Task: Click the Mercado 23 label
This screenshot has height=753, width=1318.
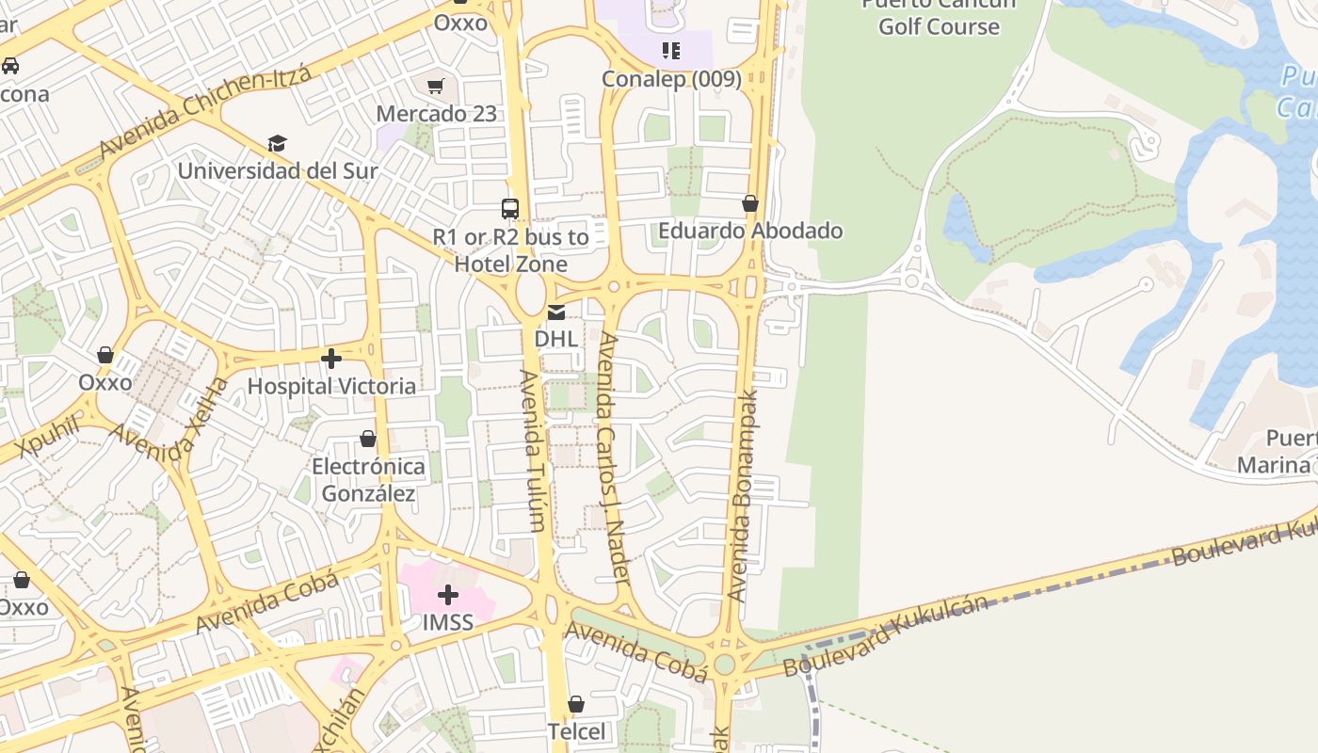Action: [436, 114]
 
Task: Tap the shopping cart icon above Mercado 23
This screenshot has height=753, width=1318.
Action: [435, 87]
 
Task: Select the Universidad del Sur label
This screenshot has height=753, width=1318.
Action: [278, 171]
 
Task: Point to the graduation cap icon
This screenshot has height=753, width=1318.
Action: [277, 143]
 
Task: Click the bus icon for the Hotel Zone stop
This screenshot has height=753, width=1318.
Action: [509, 208]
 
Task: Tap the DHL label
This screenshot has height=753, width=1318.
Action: [555, 338]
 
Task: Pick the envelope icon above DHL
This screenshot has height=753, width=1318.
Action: [556, 312]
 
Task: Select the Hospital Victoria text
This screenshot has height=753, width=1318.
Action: [331, 386]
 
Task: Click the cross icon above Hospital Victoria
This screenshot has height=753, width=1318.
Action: [330, 359]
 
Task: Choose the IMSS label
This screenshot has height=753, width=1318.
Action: [447, 622]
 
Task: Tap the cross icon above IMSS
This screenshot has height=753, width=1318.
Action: [448, 595]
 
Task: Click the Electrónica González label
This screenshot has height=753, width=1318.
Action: [368, 480]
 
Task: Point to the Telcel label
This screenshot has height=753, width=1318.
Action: [576, 731]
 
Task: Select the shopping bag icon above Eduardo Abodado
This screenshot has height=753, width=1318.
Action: [750, 203]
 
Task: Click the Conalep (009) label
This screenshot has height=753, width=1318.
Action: [671, 79]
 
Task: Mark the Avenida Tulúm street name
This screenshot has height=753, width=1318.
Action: [532, 450]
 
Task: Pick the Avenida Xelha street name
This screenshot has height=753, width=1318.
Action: [170, 423]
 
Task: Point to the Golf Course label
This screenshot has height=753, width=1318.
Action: [939, 25]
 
